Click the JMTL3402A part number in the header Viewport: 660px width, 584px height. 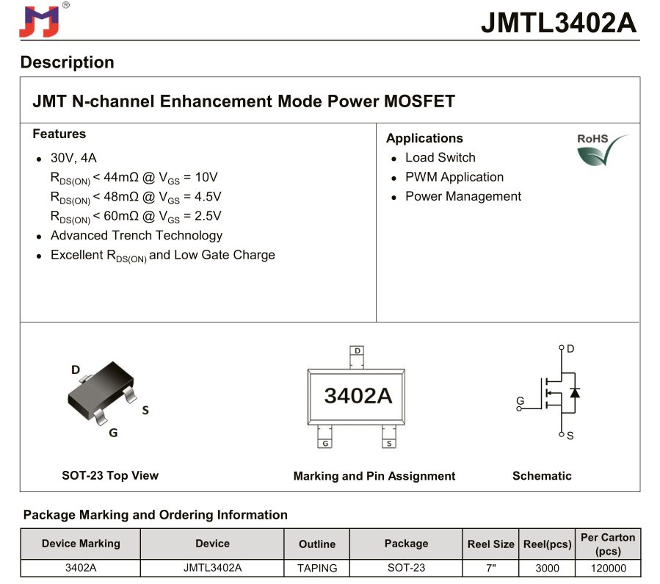click(x=559, y=23)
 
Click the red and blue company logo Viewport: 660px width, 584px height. click(x=39, y=21)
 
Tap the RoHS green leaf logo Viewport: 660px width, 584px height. click(x=603, y=150)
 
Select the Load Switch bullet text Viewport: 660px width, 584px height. click(x=440, y=158)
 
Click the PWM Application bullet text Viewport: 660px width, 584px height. click(x=454, y=177)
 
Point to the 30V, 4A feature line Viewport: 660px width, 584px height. click(x=73, y=158)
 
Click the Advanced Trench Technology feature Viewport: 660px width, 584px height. click(x=136, y=236)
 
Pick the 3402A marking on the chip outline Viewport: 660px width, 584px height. click(x=358, y=395)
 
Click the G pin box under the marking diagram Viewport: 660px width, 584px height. click(x=324, y=443)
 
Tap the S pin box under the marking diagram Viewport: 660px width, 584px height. click(x=388, y=443)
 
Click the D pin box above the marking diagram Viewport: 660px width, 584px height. click(x=358, y=351)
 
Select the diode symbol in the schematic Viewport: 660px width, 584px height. click(x=574, y=392)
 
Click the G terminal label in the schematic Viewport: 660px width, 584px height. click(x=520, y=401)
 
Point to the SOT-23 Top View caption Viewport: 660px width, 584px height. click(x=110, y=475)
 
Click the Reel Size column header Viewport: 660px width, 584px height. click(x=490, y=544)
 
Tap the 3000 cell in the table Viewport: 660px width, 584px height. click(x=547, y=568)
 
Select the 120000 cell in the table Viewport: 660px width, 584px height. click(x=608, y=568)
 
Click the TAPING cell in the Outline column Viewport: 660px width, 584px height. click(x=317, y=568)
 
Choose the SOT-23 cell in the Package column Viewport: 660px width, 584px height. click(x=406, y=568)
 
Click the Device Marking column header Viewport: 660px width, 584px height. click(x=81, y=544)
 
